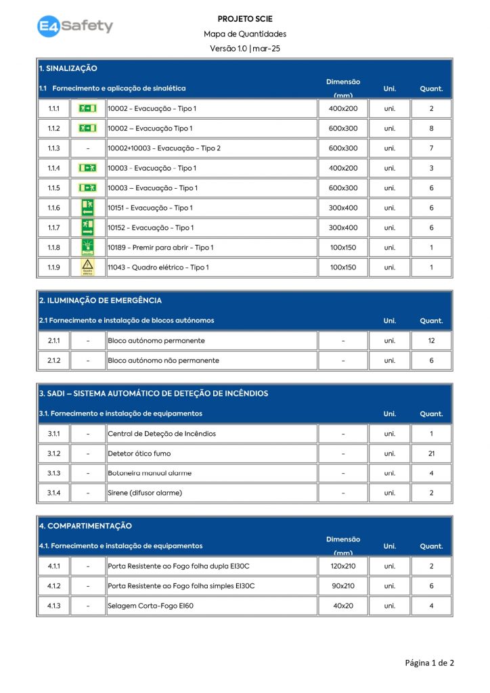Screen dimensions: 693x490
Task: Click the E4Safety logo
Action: pos(75,26)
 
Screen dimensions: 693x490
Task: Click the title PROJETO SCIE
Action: pos(245,19)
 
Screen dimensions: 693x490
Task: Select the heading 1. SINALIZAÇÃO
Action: pos(68,68)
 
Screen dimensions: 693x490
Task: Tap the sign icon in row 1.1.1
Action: pos(87,108)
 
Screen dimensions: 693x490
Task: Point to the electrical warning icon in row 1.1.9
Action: pos(87,267)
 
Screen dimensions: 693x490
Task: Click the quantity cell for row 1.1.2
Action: pos(431,129)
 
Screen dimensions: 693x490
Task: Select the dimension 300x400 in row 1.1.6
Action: pos(342,208)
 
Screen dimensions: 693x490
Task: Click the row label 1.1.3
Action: pos(53,148)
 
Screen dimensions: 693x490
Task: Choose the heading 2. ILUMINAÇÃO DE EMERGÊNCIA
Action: pos(100,300)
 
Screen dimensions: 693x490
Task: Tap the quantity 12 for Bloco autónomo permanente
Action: pos(431,341)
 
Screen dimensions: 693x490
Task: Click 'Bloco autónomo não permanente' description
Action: pos(163,361)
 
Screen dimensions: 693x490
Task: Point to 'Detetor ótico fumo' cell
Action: pos(139,453)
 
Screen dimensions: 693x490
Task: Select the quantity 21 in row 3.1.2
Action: pos(431,453)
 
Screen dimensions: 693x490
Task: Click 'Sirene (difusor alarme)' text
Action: pos(145,493)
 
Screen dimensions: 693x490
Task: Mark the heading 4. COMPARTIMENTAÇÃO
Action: pos(85,526)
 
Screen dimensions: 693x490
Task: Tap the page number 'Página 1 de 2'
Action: pos(429,663)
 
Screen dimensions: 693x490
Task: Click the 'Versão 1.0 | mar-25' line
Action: pos(245,48)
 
